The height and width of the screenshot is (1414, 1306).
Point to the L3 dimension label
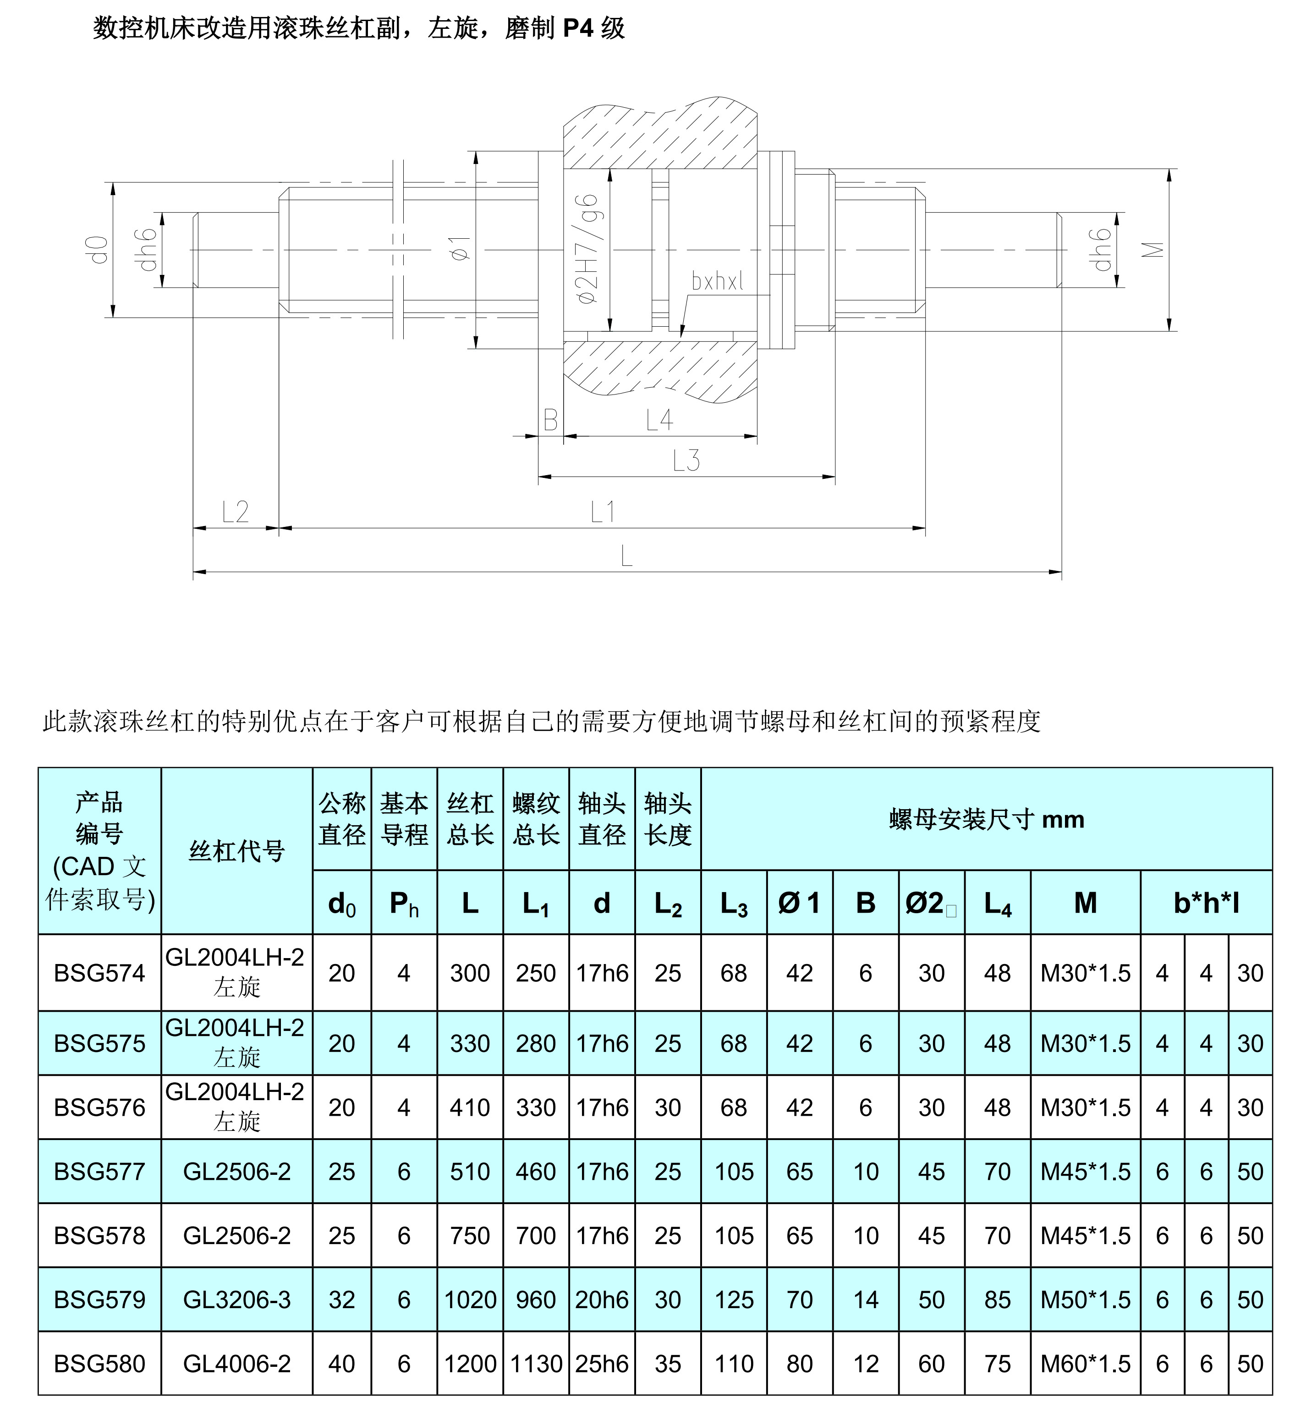(x=686, y=461)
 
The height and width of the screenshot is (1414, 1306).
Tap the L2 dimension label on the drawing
(x=236, y=512)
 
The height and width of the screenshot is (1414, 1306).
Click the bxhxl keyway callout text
(x=717, y=282)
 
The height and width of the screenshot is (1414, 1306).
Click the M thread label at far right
(x=1152, y=250)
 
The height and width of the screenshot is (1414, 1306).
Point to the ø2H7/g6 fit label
(x=588, y=249)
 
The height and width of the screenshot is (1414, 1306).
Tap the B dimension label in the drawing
(x=550, y=421)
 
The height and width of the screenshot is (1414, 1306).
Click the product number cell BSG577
(x=99, y=1172)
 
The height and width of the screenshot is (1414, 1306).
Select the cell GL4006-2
(x=237, y=1364)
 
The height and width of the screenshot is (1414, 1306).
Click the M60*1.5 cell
(x=1086, y=1364)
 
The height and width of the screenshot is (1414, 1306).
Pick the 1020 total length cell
(x=470, y=1299)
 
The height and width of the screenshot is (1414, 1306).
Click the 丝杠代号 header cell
(x=237, y=851)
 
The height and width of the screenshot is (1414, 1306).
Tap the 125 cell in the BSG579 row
(x=734, y=1299)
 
